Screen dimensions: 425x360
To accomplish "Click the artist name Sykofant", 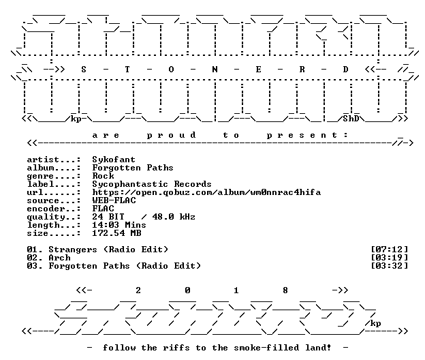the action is [114, 160].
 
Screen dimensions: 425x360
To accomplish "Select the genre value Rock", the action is [103, 176].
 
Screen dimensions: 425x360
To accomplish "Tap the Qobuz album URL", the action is [206, 192].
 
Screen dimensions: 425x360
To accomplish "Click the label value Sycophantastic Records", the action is [152, 184].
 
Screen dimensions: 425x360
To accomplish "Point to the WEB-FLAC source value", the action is [114, 200].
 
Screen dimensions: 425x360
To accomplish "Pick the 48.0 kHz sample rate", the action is [174, 217].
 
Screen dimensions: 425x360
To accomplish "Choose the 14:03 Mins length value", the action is [119, 225].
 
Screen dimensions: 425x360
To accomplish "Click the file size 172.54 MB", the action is [116, 233].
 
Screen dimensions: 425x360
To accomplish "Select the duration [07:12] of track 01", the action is [389, 250].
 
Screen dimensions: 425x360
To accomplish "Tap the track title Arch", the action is [59, 258].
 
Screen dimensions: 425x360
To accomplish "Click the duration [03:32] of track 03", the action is [389, 266].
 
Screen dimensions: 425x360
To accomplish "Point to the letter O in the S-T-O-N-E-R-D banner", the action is [171, 70].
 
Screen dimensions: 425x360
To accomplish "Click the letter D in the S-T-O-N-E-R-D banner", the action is [345, 70].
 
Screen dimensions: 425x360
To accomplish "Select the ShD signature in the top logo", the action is [351, 119].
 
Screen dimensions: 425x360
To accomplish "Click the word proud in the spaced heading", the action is [171, 135].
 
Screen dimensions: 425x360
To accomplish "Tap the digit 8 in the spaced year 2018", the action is [285, 290].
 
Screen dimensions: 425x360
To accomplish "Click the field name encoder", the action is [46, 209].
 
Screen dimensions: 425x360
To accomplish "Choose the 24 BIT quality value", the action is [108, 217].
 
